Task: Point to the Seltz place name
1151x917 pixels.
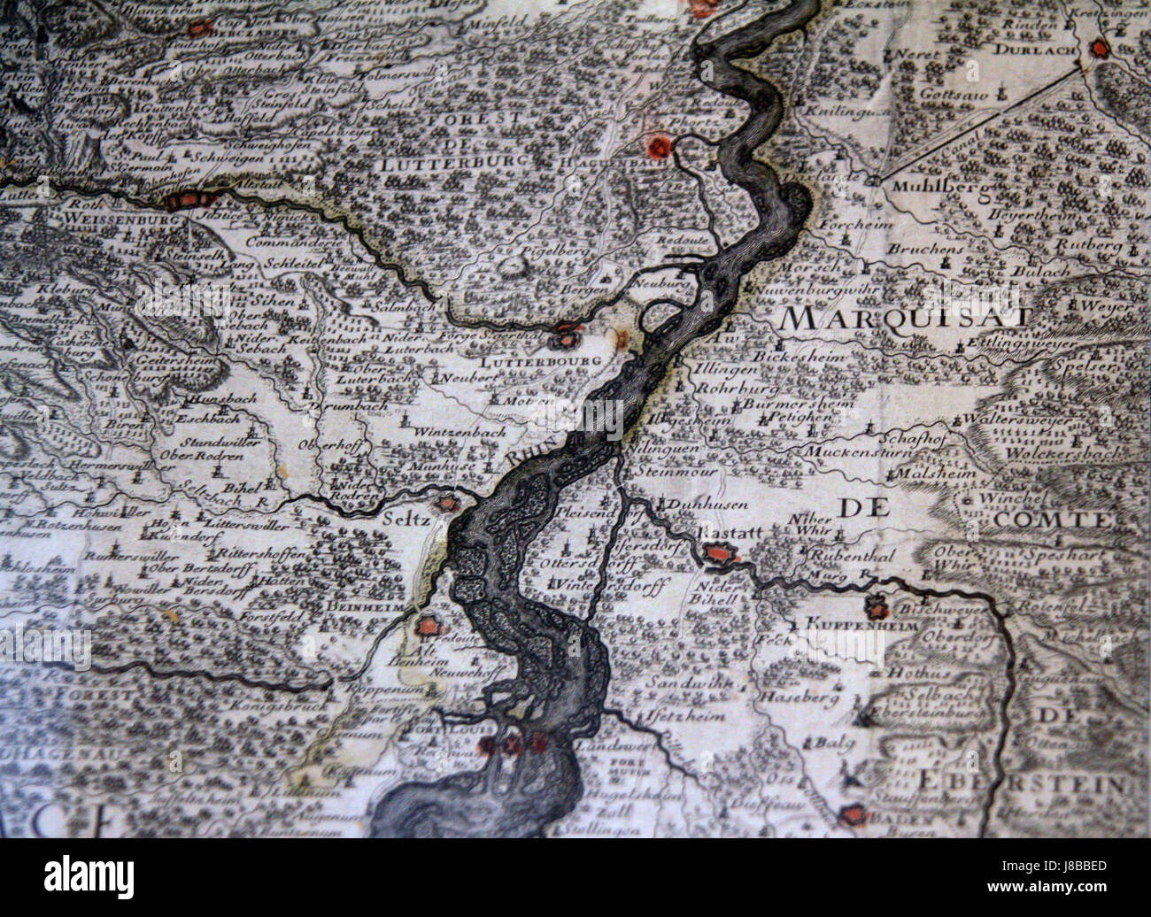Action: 407,520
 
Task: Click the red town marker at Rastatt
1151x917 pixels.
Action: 719,555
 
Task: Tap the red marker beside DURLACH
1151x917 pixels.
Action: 1100,49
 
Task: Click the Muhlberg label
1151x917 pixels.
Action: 928,187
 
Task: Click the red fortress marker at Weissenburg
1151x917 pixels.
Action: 184,201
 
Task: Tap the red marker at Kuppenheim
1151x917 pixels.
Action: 877,608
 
